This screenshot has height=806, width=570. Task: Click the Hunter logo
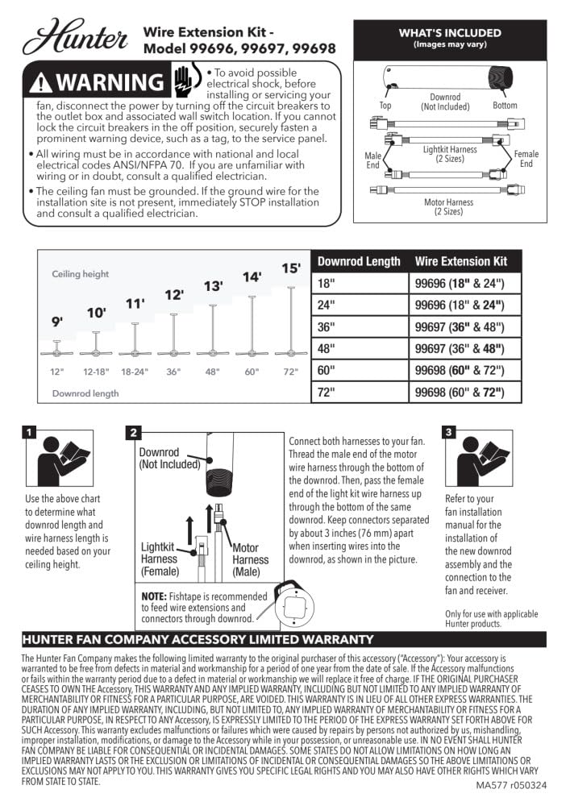(x=75, y=37)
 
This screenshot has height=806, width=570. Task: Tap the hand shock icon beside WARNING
(x=184, y=81)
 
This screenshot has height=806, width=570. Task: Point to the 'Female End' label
(x=526, y=159)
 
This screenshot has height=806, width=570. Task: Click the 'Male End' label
(x=373, y=159)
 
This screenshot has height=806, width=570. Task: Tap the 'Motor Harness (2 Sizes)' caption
(x=448, y=207)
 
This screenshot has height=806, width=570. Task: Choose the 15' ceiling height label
(x=290, y=268)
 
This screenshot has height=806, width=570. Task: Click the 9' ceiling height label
(x=57, y=321)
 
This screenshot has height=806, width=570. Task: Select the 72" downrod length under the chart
(x=290, y=372)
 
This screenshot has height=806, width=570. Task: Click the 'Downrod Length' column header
(x=359, y=261)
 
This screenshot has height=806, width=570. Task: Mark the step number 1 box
(x=30, y=432)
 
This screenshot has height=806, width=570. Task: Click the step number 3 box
(x=449, y=432)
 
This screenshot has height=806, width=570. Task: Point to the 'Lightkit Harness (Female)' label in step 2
(x=160, y=559)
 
